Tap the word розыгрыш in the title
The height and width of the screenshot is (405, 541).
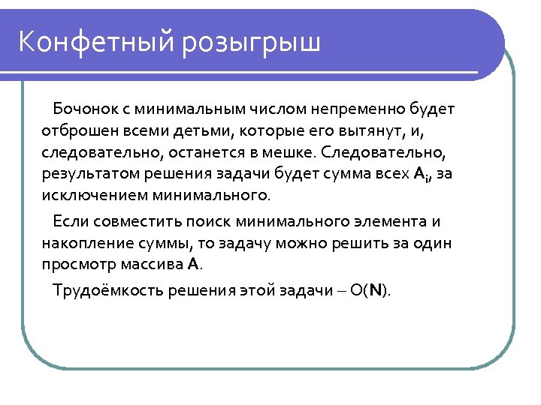pyautogui.click(x=251, y=43)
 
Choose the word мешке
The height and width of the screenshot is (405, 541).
pyautogui.click(x=289, y=153)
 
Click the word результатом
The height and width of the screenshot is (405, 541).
pyautogui.click(x=84, y=175)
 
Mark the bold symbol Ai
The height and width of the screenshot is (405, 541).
pyautogui.click(x=422, y=175)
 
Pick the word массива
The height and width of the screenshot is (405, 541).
pyautogui.click(x=147, y=265)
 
